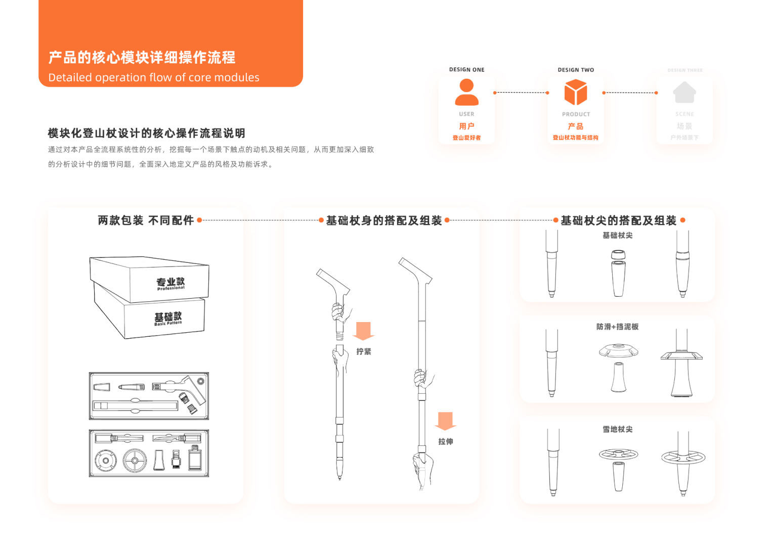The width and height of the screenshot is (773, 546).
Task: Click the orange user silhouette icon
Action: click(x=466, y=92)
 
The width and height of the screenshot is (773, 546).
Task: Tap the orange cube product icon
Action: click(x=576, y=93)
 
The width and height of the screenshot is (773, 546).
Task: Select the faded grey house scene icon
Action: click(x=684, y=93)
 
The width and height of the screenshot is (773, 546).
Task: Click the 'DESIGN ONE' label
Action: click(x=466, y=70)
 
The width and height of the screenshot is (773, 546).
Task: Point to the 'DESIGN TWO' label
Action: click(x=576, y=70)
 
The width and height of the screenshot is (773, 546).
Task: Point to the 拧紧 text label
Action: click(x=364, y=351)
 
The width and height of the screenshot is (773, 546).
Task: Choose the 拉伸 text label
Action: click(x=446, y=441)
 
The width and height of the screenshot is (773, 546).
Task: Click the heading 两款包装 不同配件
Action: click(x=146, y=220)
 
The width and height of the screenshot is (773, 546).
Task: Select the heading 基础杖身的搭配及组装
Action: click(x=384, y=220)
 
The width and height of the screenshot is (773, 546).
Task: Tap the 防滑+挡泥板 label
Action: click(x=617, y=327)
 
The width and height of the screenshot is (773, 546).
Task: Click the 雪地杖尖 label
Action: click(x=617, y=429)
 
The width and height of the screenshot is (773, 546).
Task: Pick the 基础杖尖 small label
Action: click(x=617, y=235)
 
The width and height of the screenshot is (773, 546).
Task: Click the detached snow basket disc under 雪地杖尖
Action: click(x=618, y=454)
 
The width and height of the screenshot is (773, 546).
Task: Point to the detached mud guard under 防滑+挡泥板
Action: click(x=618, y=350)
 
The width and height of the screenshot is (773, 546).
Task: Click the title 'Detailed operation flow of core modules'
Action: click(x=154, y=77)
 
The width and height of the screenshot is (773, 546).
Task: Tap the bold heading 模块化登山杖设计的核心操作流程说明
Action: click(x=147, y=133)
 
